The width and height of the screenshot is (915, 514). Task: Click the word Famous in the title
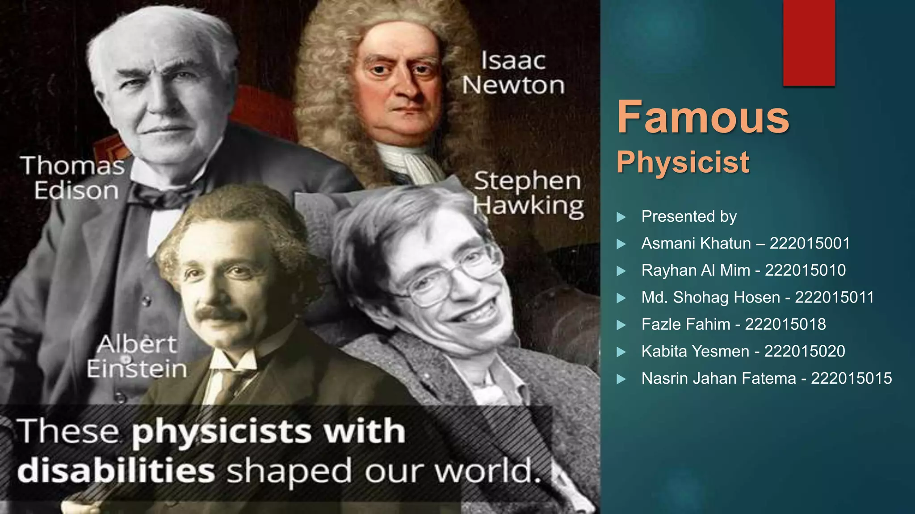(x=703, y=117)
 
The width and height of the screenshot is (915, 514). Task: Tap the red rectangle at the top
(x=809, y=42)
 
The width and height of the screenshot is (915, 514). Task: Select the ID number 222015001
(x=810, y=243)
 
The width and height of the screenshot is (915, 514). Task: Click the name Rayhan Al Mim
(x=695, y=270)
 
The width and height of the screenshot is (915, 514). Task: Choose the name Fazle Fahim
(x=685, y=324)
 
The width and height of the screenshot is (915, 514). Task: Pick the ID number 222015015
(x=851, y=378)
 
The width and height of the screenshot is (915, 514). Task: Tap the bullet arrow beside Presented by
(x=621, y=217)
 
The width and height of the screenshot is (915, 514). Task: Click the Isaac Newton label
(x=513, y=73)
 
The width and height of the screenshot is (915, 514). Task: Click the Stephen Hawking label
(x=528, y=194)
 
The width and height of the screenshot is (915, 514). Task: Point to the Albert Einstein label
(x=136, y=356)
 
